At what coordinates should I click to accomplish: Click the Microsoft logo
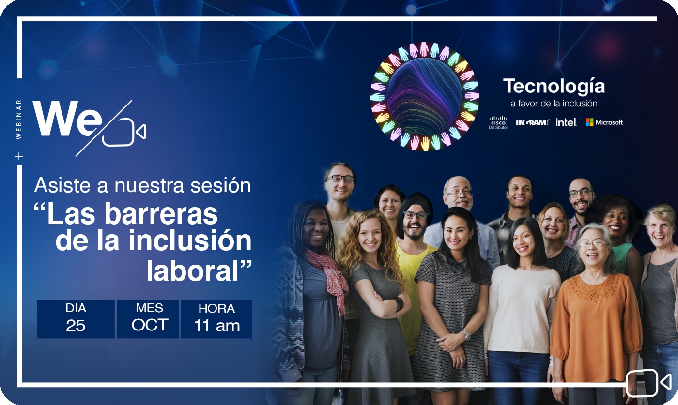tap(604, 122)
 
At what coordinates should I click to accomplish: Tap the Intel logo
tap(566, 122)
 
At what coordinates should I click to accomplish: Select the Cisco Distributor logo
tap(498, 122)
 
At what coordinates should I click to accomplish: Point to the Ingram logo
tap(532, 122)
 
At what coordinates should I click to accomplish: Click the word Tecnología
tap(554, 86)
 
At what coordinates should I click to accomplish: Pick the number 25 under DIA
tap(76, 326)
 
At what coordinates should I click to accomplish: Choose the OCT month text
tap(150, 325)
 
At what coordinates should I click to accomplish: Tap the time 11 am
tap(217, 326)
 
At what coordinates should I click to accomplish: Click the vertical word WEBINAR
tap(19, 119)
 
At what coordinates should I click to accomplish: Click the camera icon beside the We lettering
tap(124, 133)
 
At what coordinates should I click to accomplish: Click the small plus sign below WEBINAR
tap(19, 156)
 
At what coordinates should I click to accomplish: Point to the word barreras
tap(161, 214)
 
